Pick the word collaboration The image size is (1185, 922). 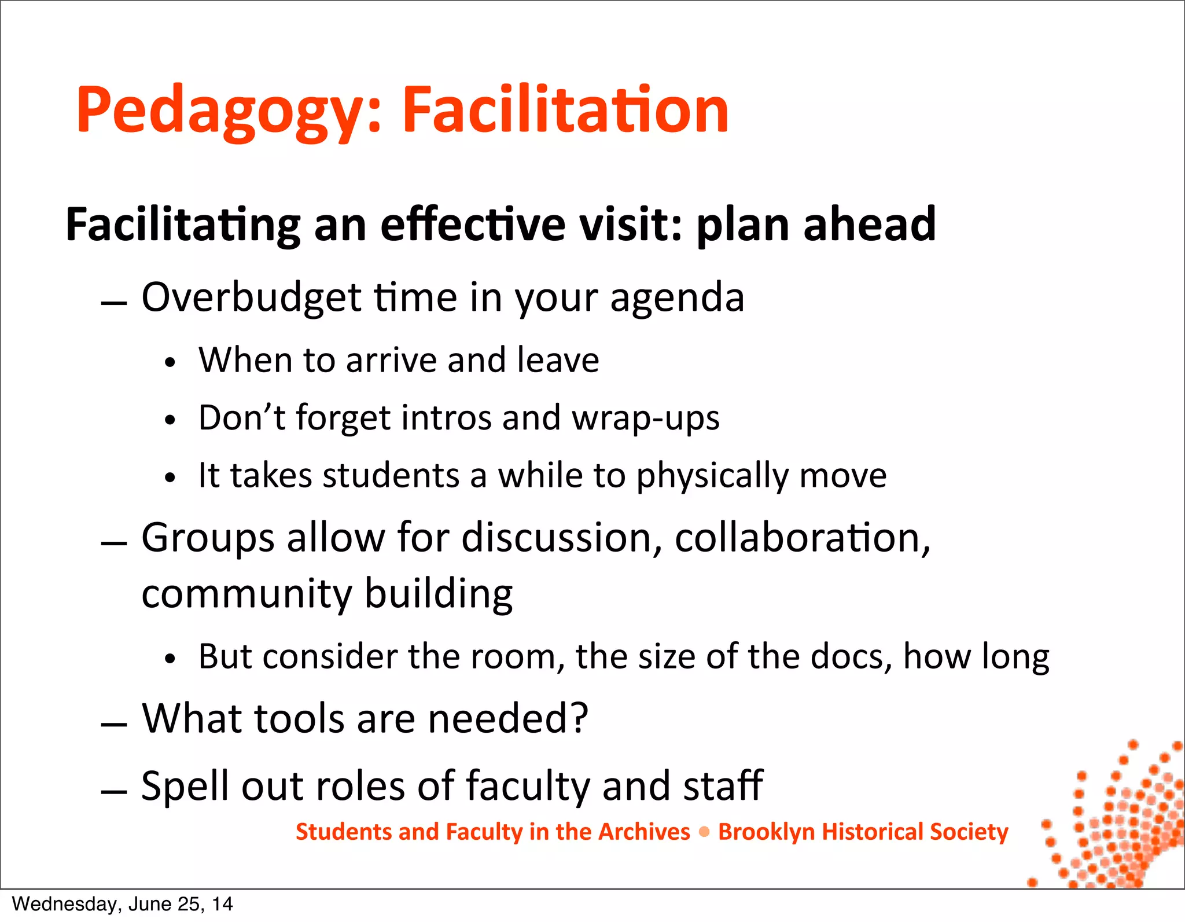click(x=802, y=538)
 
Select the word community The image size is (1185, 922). click(x=246, y=595)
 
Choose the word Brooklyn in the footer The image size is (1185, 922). click(x=766, y=832)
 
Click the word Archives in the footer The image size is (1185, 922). click(x=644, y=832)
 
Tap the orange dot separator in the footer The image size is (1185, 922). click(x=704, y=832)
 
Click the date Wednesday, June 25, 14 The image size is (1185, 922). click(x=122, y=904)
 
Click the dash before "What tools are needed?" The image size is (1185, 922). click(x=113, y=725)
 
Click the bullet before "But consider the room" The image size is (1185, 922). click(x=170, y=659)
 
